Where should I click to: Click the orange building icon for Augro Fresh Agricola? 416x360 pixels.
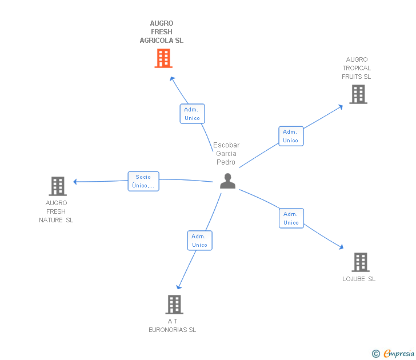tap(163, 58)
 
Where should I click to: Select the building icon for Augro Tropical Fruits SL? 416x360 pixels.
tap(358, 94)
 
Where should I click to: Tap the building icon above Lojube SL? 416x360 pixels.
tap(360, 262)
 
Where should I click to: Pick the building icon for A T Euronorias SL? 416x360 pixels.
tap(174, 305)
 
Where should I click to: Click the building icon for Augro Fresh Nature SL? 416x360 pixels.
tap(58, 186)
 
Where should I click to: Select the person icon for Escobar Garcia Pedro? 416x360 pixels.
tap(227, 181)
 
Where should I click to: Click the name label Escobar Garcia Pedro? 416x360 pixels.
tap(226, 153)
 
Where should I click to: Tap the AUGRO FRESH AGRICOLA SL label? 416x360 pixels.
tap(162, 32)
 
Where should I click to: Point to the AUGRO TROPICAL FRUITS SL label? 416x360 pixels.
tap(357, 68)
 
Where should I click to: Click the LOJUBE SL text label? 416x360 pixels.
tap(359, 279)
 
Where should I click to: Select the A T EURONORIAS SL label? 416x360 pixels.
tap(172, 325)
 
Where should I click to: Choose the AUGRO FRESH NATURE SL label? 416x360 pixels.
tap(56, 211)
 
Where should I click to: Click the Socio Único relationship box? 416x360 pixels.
tap(143, 181)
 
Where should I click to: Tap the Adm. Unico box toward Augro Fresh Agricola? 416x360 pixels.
tap(192, 114)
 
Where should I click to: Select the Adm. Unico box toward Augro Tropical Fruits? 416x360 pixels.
tap(291, 136)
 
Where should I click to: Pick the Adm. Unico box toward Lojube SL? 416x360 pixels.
tap(291, 218)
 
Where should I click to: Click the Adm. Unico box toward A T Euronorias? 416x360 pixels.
tap(199, 241)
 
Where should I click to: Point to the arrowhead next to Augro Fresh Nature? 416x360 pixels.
tap(75, 182)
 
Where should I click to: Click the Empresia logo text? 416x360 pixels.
tap(399, 353)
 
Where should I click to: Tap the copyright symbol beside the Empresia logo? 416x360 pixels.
tap(375, 354)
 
